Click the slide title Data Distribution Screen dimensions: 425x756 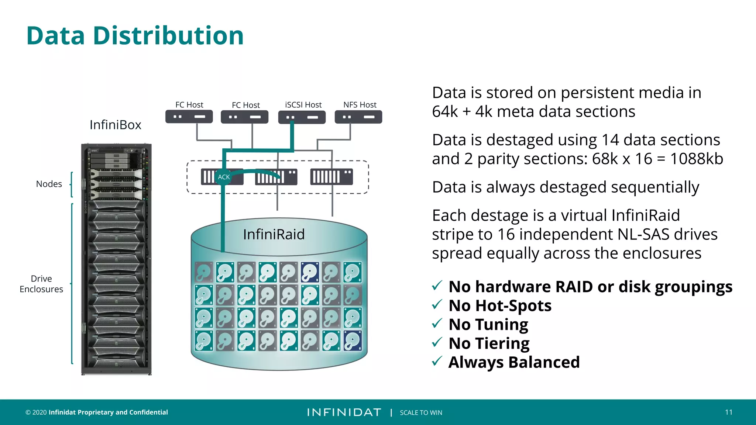tap(135, 36)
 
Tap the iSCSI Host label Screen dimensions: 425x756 tap(303, 105)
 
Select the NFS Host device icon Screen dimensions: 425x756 tap(358, 117)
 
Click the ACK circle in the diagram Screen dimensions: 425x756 tap(223, 177)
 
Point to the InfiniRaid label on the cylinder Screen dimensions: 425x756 tap(274, 234)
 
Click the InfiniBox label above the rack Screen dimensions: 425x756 tap(115, 125)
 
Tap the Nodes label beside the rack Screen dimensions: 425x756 tap(49, 184)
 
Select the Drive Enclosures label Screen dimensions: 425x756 tap(41, 284)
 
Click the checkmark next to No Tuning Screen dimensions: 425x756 tap(437, 324)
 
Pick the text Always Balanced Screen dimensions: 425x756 tap(514, 362)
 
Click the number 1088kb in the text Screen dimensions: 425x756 tap(696, 159)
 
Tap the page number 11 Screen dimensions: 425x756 tap(728, 412)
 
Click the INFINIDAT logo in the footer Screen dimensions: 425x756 tap(344, 412)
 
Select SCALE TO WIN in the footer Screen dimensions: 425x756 tap(421, 412)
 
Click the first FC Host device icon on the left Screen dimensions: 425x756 tap(189, 117)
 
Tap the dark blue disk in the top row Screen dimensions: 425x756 tap(310, 272)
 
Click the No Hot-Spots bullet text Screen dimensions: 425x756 tap(500, 305)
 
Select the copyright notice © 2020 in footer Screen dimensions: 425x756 tap(36, 412)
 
